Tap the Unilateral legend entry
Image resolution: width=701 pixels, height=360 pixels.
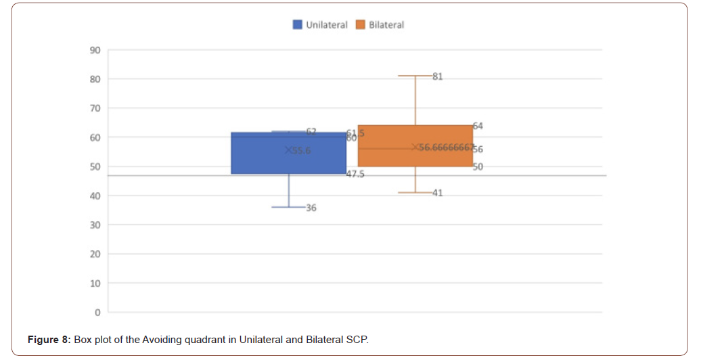(x=320, y=25)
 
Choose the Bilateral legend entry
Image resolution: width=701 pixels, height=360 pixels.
(x=380, y=25)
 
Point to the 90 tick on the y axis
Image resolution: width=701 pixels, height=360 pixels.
(x=94, y=50)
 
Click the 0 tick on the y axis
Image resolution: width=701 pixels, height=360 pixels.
(x=97, y=313)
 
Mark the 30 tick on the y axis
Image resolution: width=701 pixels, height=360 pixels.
(x=94, y=225)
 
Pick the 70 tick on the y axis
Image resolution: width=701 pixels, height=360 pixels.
(x=94, y=108)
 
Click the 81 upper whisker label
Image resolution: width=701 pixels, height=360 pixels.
(x=437, y=76)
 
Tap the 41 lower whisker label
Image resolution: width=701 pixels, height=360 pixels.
(x=437, y=193)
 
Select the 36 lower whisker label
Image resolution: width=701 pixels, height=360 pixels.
(x=311, y=208)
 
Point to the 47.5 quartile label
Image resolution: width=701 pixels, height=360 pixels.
(x=355, y=174)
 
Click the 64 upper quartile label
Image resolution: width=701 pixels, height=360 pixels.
(x=478, y=126)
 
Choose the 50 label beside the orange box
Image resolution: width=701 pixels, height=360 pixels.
(x=478, y=166)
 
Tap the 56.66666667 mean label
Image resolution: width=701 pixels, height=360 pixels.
(x=446, y=147)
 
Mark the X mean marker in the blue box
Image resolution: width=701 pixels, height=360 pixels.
(x=288, y=150)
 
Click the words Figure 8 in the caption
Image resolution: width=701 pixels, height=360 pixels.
(x=49, y=339)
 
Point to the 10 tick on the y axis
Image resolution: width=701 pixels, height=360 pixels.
(x=94, y=284)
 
